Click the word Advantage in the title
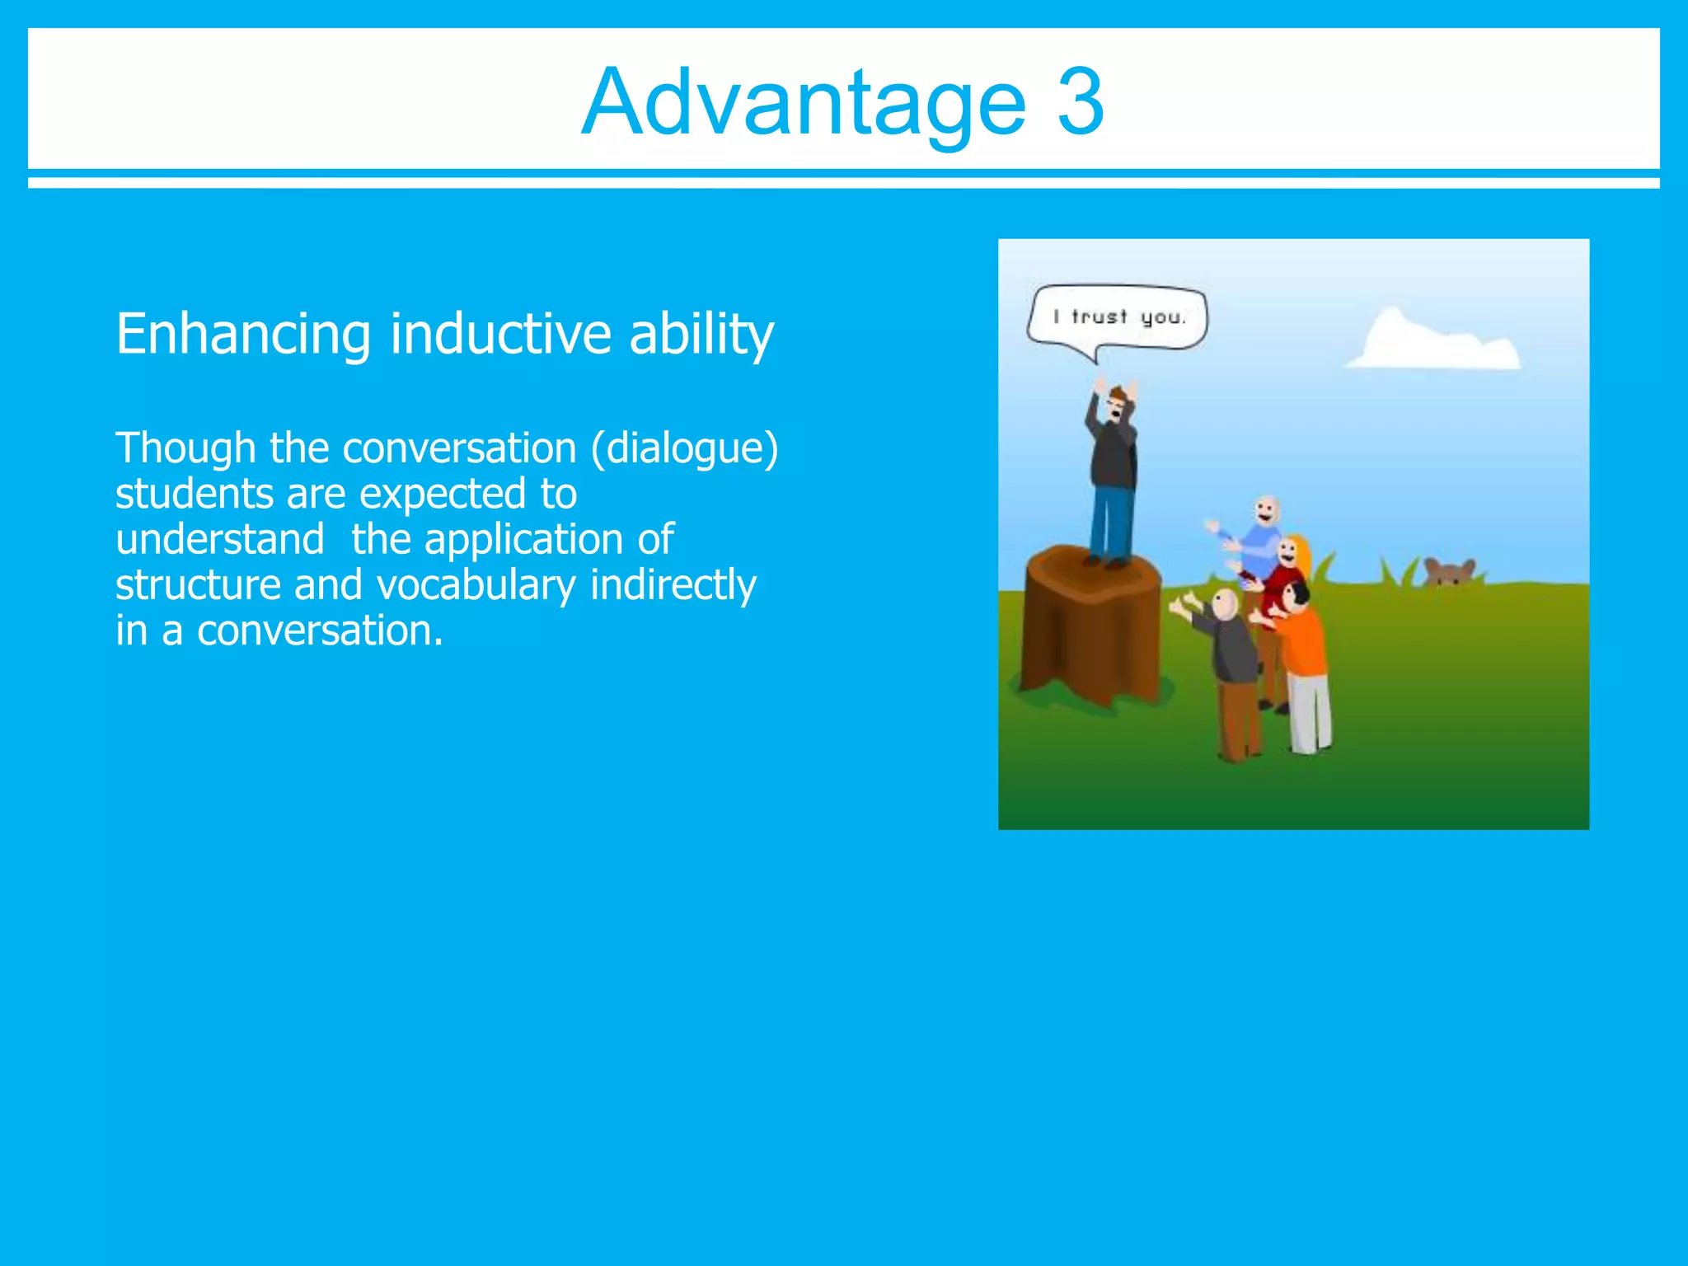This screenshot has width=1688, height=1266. [x=804, y=103]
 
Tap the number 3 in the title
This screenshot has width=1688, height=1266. [x=1081, y=103]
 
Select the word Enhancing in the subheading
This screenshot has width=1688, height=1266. [x=243, y=334]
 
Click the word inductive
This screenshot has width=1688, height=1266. [x=501, y=334]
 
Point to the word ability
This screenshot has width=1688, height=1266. [x=701, y=334]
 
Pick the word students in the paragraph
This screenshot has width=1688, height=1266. [x=195, y=495]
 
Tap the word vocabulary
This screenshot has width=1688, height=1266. [x=476, y=586]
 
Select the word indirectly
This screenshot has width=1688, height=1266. [x=673, y=586]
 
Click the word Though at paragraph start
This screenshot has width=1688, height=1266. [x=185, y=449]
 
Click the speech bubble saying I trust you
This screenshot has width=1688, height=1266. [x=1118, y=318]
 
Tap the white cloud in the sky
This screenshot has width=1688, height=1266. [x=1433, y=343]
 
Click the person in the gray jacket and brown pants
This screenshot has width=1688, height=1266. [x=1233, y=668]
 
